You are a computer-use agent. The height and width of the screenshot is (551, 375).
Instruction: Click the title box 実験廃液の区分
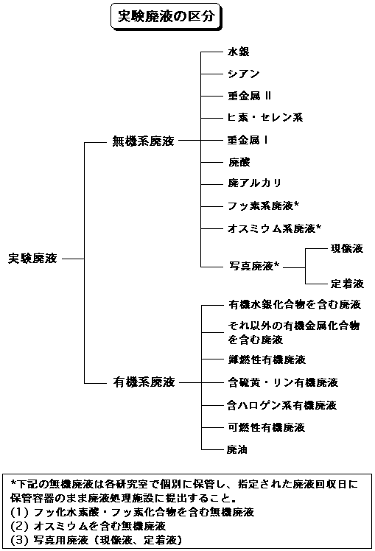coord(167,16)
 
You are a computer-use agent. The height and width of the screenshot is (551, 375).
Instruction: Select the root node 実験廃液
coord(32,259)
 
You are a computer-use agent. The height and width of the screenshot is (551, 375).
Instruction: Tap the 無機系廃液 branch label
coord(143,141)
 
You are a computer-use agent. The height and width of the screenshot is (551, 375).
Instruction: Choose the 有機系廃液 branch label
coord(144,382)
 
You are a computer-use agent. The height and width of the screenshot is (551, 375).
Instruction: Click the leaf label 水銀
coord(239,52)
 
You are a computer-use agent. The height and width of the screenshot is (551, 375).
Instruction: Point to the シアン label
coord(244,74)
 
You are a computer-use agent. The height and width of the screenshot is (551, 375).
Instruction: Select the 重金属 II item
coord(250,96)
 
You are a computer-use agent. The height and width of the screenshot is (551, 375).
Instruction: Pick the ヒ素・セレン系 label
coord(265,117)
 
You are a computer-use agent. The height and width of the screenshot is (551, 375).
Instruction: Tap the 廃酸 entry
coord(239,162)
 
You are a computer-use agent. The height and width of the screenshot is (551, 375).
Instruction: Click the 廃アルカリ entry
coord(255,183)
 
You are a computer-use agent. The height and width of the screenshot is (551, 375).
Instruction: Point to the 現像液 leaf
coord(346,248)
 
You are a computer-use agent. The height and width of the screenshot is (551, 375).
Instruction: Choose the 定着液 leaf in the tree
coord(347,283)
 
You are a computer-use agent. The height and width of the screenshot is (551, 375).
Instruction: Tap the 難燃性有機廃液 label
coord(267,359)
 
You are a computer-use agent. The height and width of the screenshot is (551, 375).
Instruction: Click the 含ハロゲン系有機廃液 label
coord(282,405)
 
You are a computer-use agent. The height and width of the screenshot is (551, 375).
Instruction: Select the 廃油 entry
coord(237,449)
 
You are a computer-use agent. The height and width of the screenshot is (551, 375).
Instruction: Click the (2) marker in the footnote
coord(19,526)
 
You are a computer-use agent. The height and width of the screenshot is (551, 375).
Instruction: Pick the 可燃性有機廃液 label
coord(267,427)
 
